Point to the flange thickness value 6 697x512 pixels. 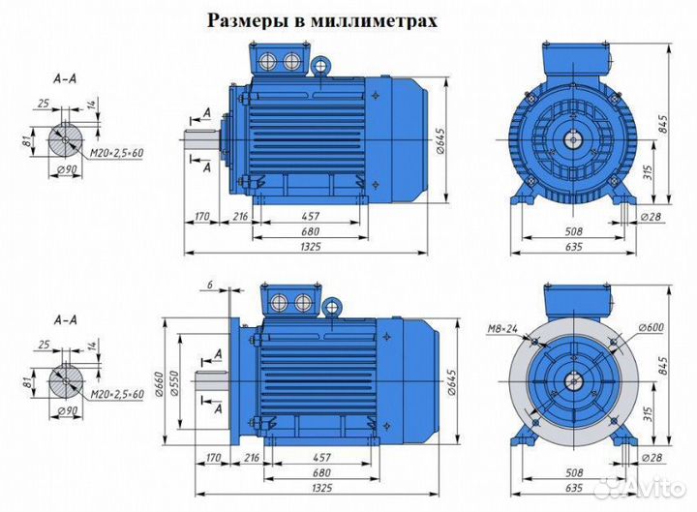(x=208, y=284)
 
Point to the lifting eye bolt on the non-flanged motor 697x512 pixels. (x=320, y=66)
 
